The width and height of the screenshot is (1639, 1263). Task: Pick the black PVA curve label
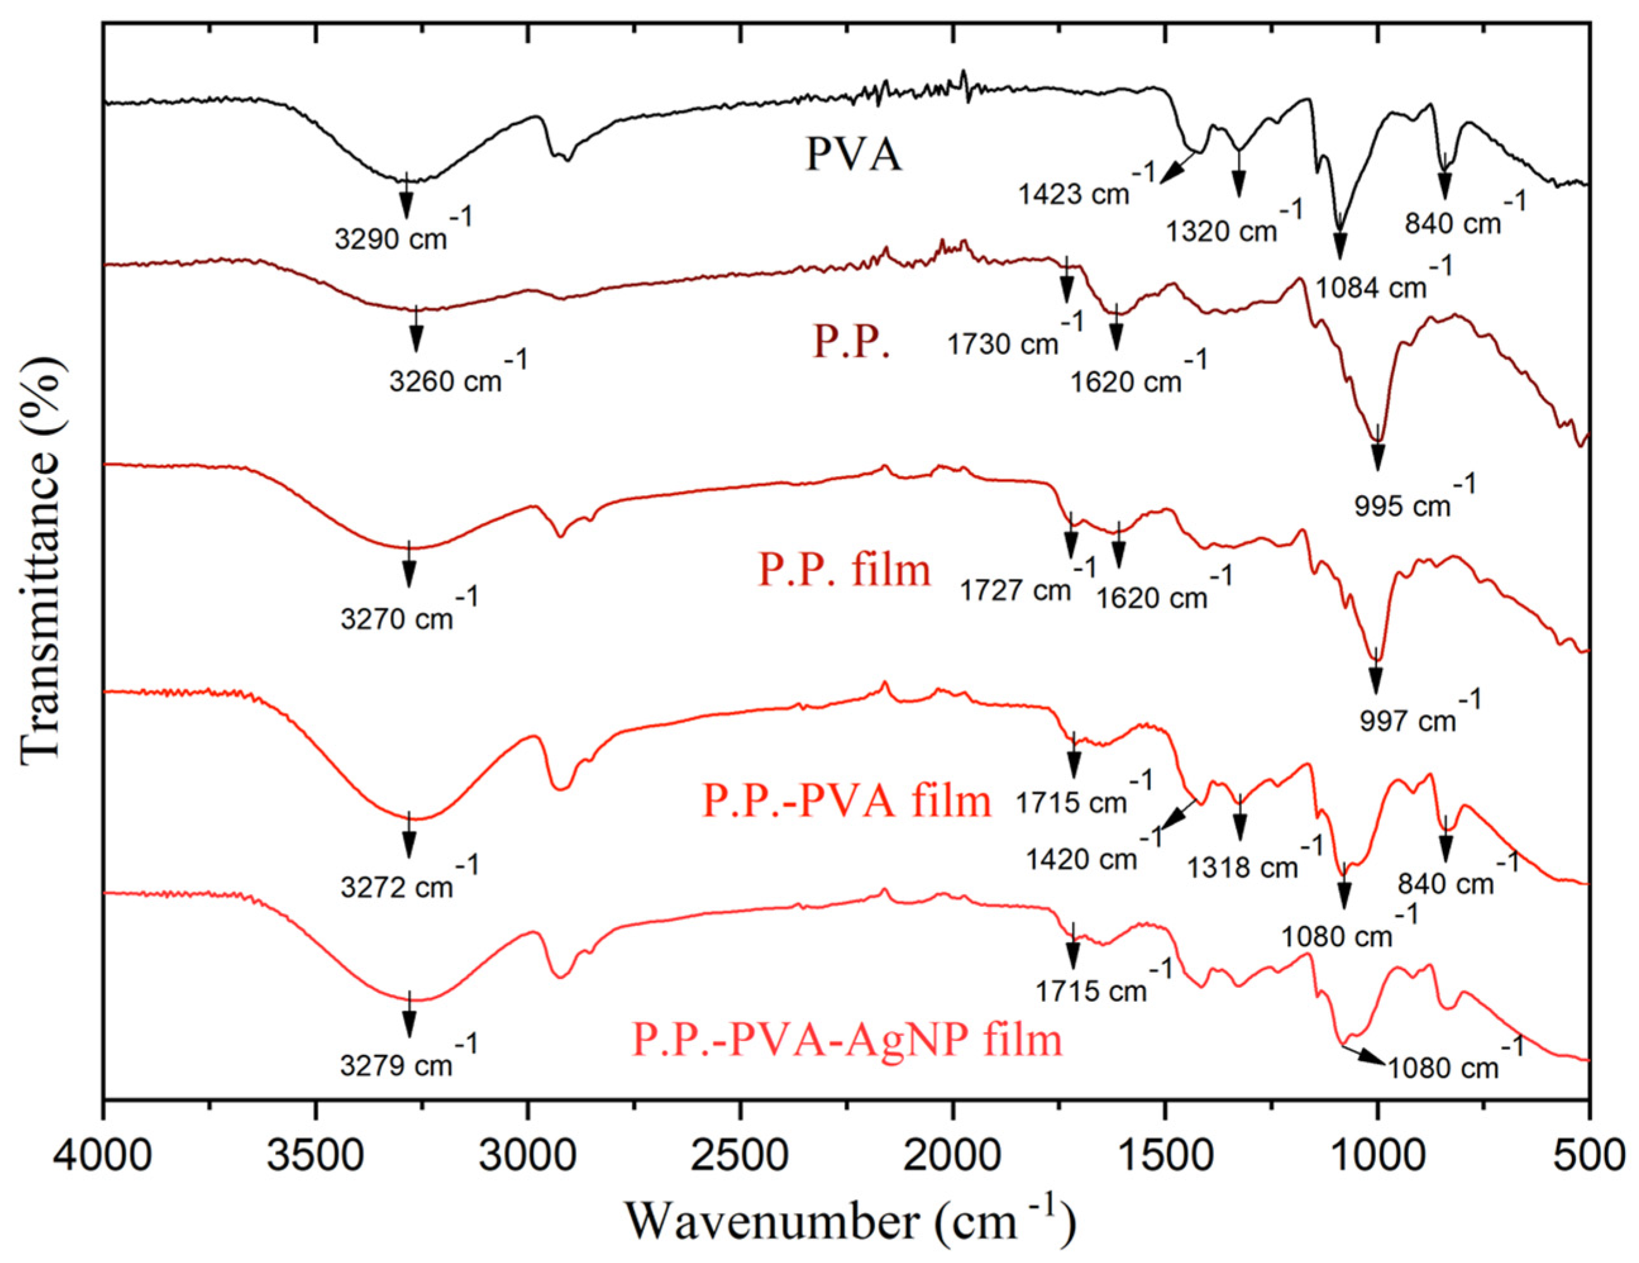coord(853,156)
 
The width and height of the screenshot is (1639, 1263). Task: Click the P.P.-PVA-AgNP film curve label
coord(847,1040)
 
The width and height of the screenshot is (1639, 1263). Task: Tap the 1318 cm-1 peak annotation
coord(1253,863)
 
